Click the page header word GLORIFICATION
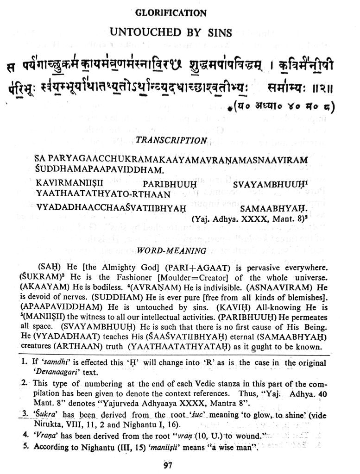tap(171, 13)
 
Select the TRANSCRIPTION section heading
tap(171, 140)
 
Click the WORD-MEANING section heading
tap(172, 251)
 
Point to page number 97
tap(168, 465)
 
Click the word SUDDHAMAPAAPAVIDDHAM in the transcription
tap(98, 169)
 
